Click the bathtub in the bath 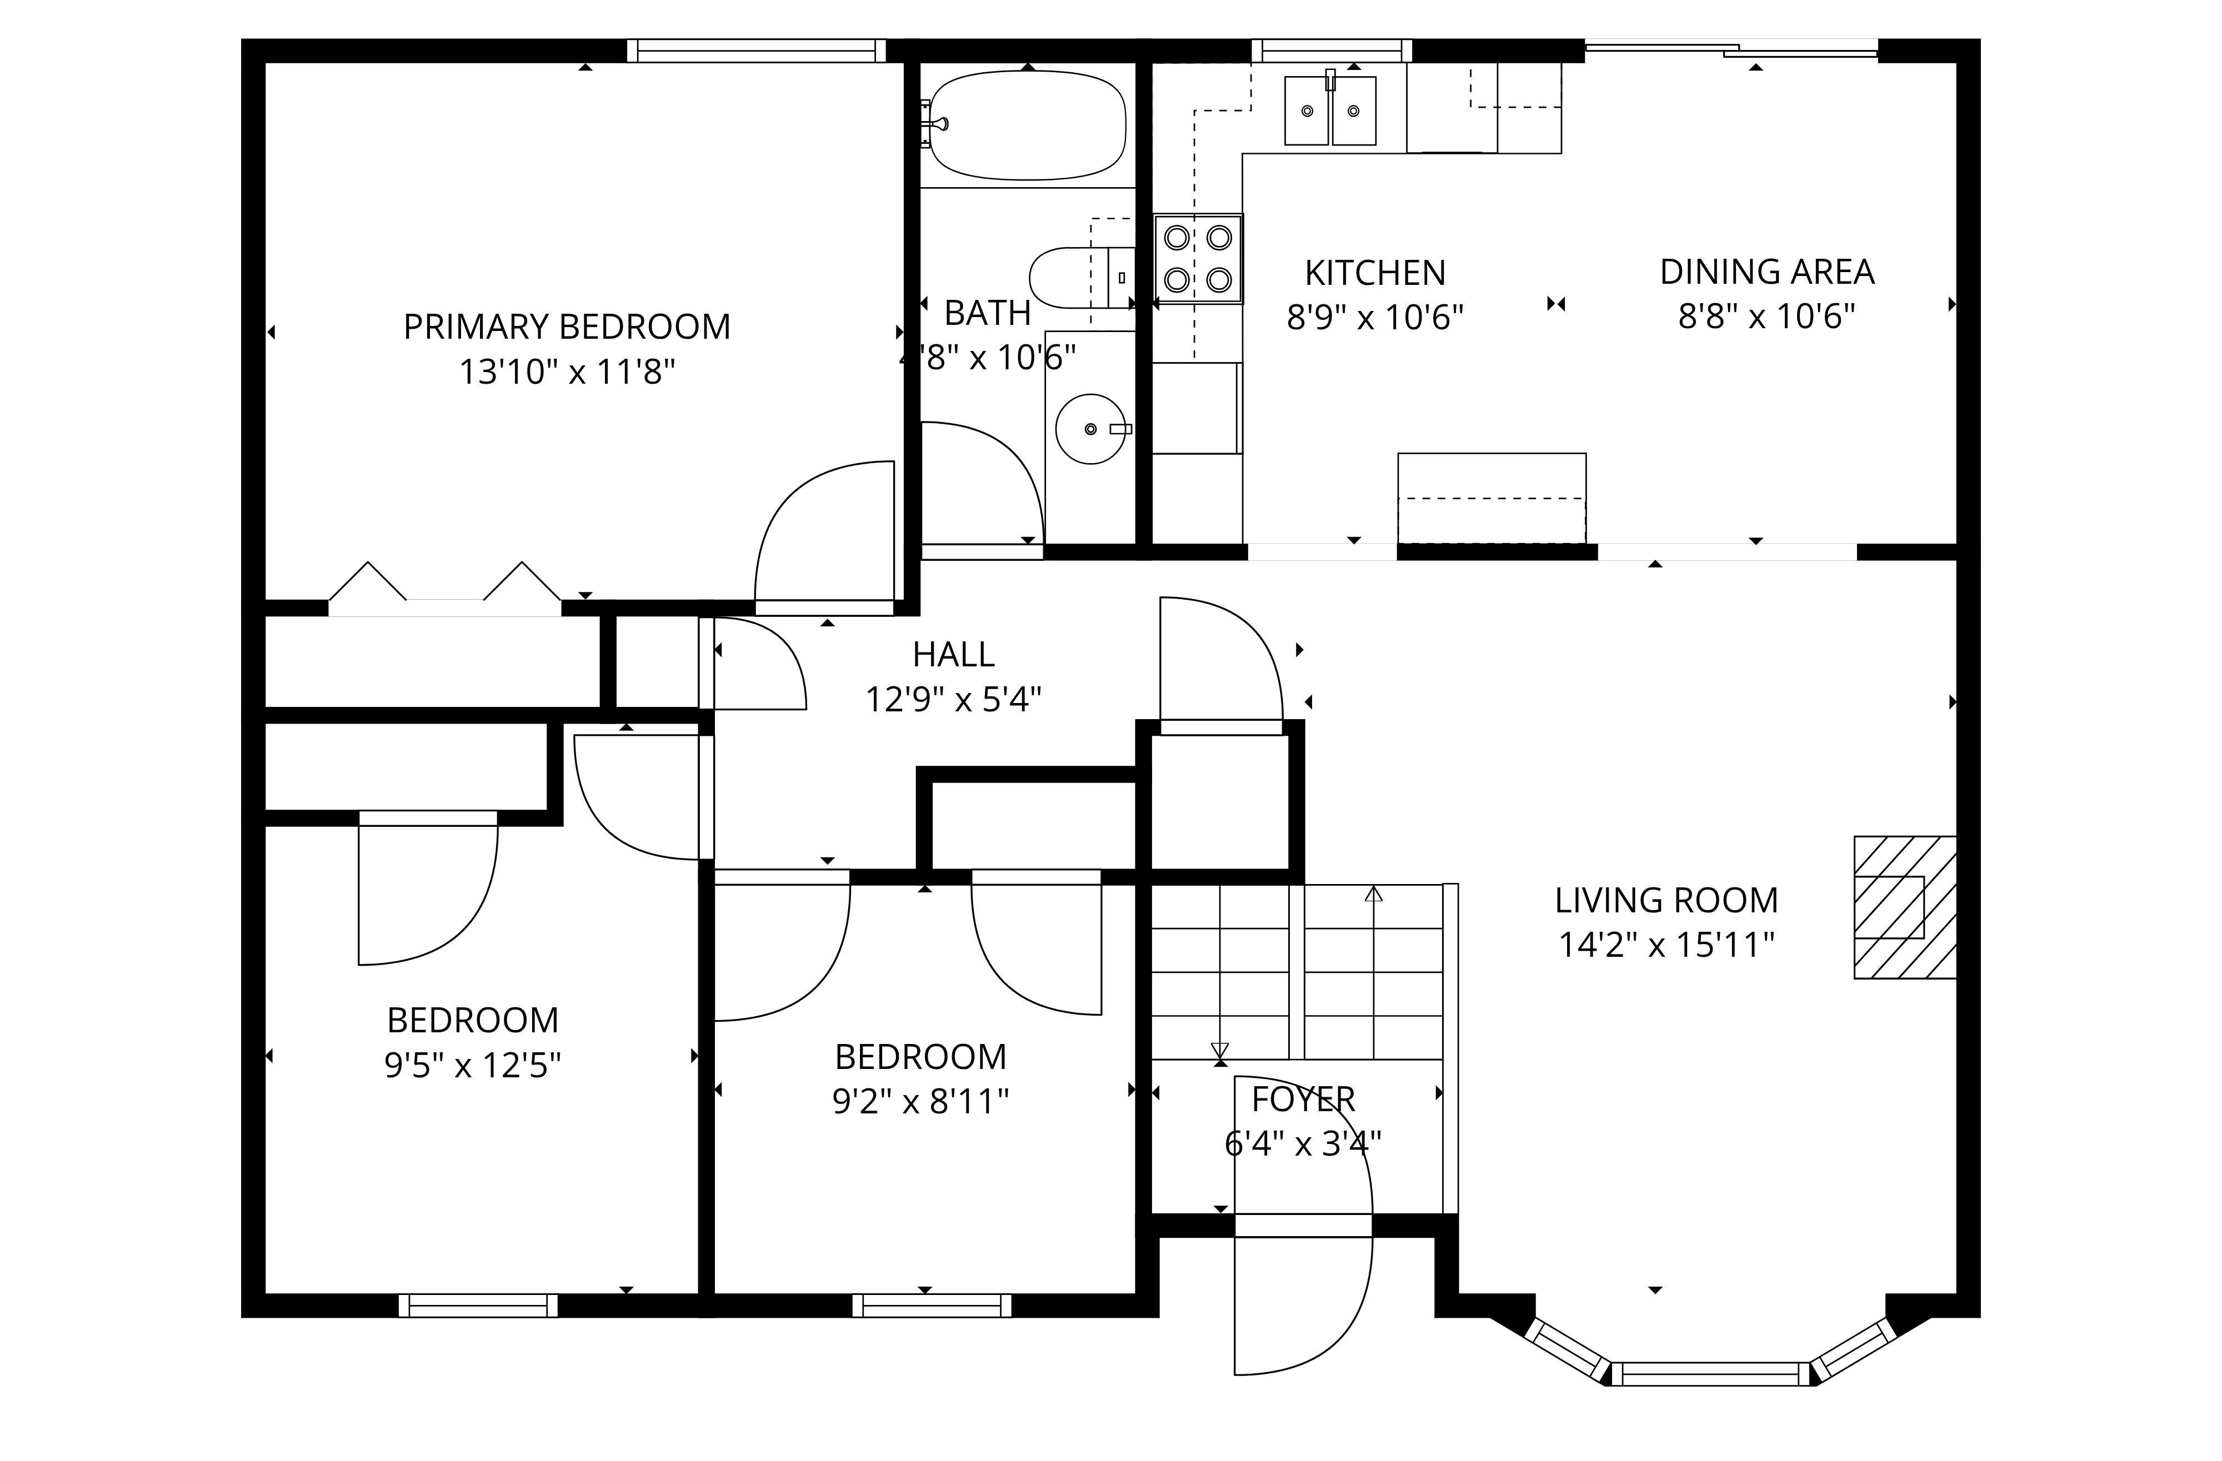point(1028,126)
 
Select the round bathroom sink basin point(1090,429)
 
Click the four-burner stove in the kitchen point(1198,259)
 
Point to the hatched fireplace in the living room point(1905,906)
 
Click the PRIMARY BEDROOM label point(567,327)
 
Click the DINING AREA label point(1766,272)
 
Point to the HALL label point(953,654)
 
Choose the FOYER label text point(1303,1099)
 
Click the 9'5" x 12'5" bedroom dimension point(472,1065)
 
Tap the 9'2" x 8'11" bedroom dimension point(920,1102)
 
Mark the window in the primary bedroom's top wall point(756,51)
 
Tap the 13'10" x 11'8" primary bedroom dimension point(567,371)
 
